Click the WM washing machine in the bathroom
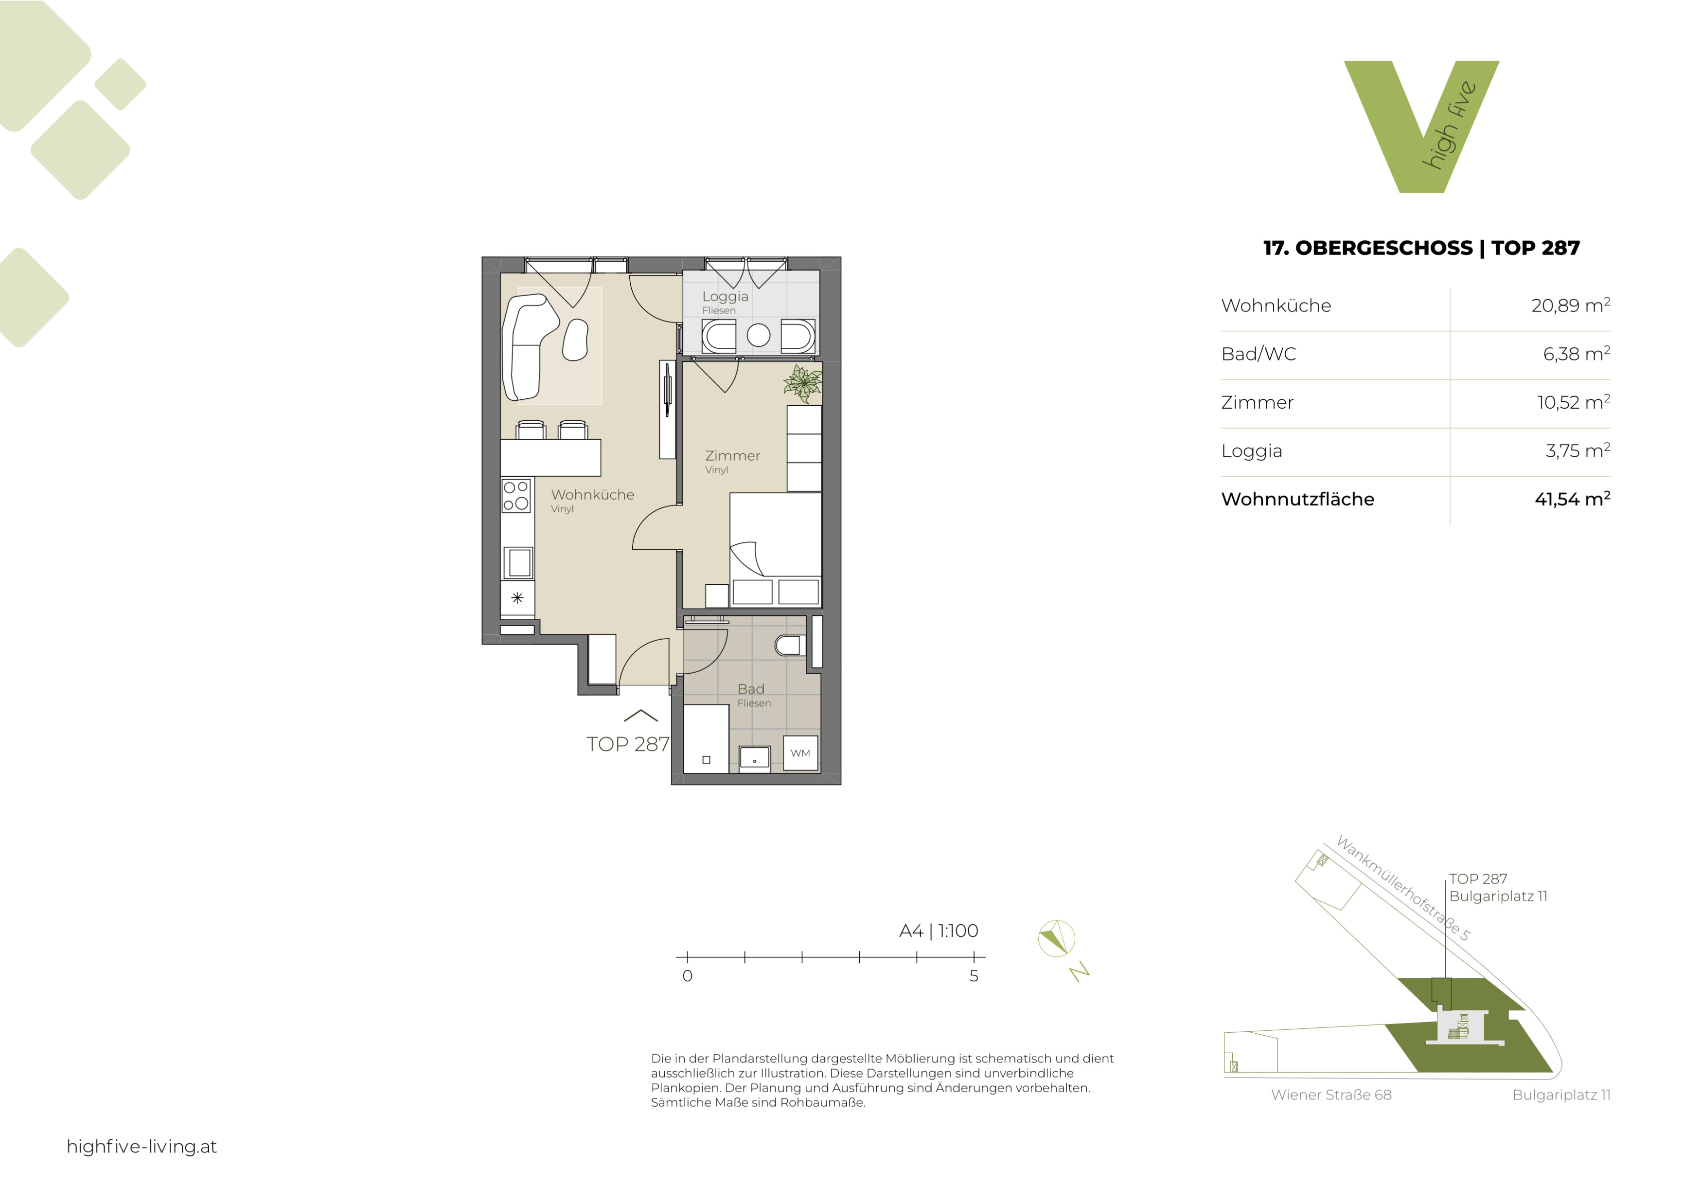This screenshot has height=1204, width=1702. (x=800, y=753)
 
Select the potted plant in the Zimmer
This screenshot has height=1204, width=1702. (x=803, y=384)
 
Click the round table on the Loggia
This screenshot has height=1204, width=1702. (x=758, y=335)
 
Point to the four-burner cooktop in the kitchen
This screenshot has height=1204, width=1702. (x=516, y=495)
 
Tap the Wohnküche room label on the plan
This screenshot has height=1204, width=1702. (x=592, y=495)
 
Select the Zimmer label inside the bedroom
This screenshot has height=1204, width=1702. (x=732, y=455)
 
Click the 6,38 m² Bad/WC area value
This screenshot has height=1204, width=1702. (x=1576, y=354)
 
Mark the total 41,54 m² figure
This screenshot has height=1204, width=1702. (x=1572, y=499)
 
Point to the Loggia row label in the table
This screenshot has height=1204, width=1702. (x=1251, y=451)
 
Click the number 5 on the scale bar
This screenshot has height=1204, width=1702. (x=974, y=976)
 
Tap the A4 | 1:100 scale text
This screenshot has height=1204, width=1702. (x=939, y=931)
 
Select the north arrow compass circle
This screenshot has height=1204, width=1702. (x=1056, y=938)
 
